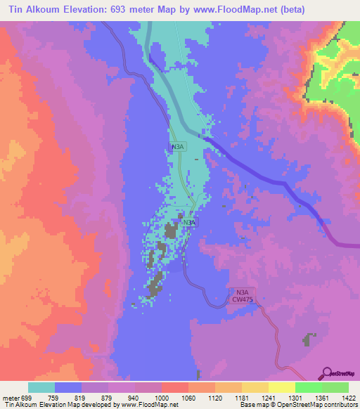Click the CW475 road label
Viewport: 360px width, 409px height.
242,299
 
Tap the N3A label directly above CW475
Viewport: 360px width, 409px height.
242,292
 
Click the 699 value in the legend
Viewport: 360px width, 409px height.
26,398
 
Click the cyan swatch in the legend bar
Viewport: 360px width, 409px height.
41,387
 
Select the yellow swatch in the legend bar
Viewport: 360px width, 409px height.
281,387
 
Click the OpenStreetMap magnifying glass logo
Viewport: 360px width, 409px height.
328,373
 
